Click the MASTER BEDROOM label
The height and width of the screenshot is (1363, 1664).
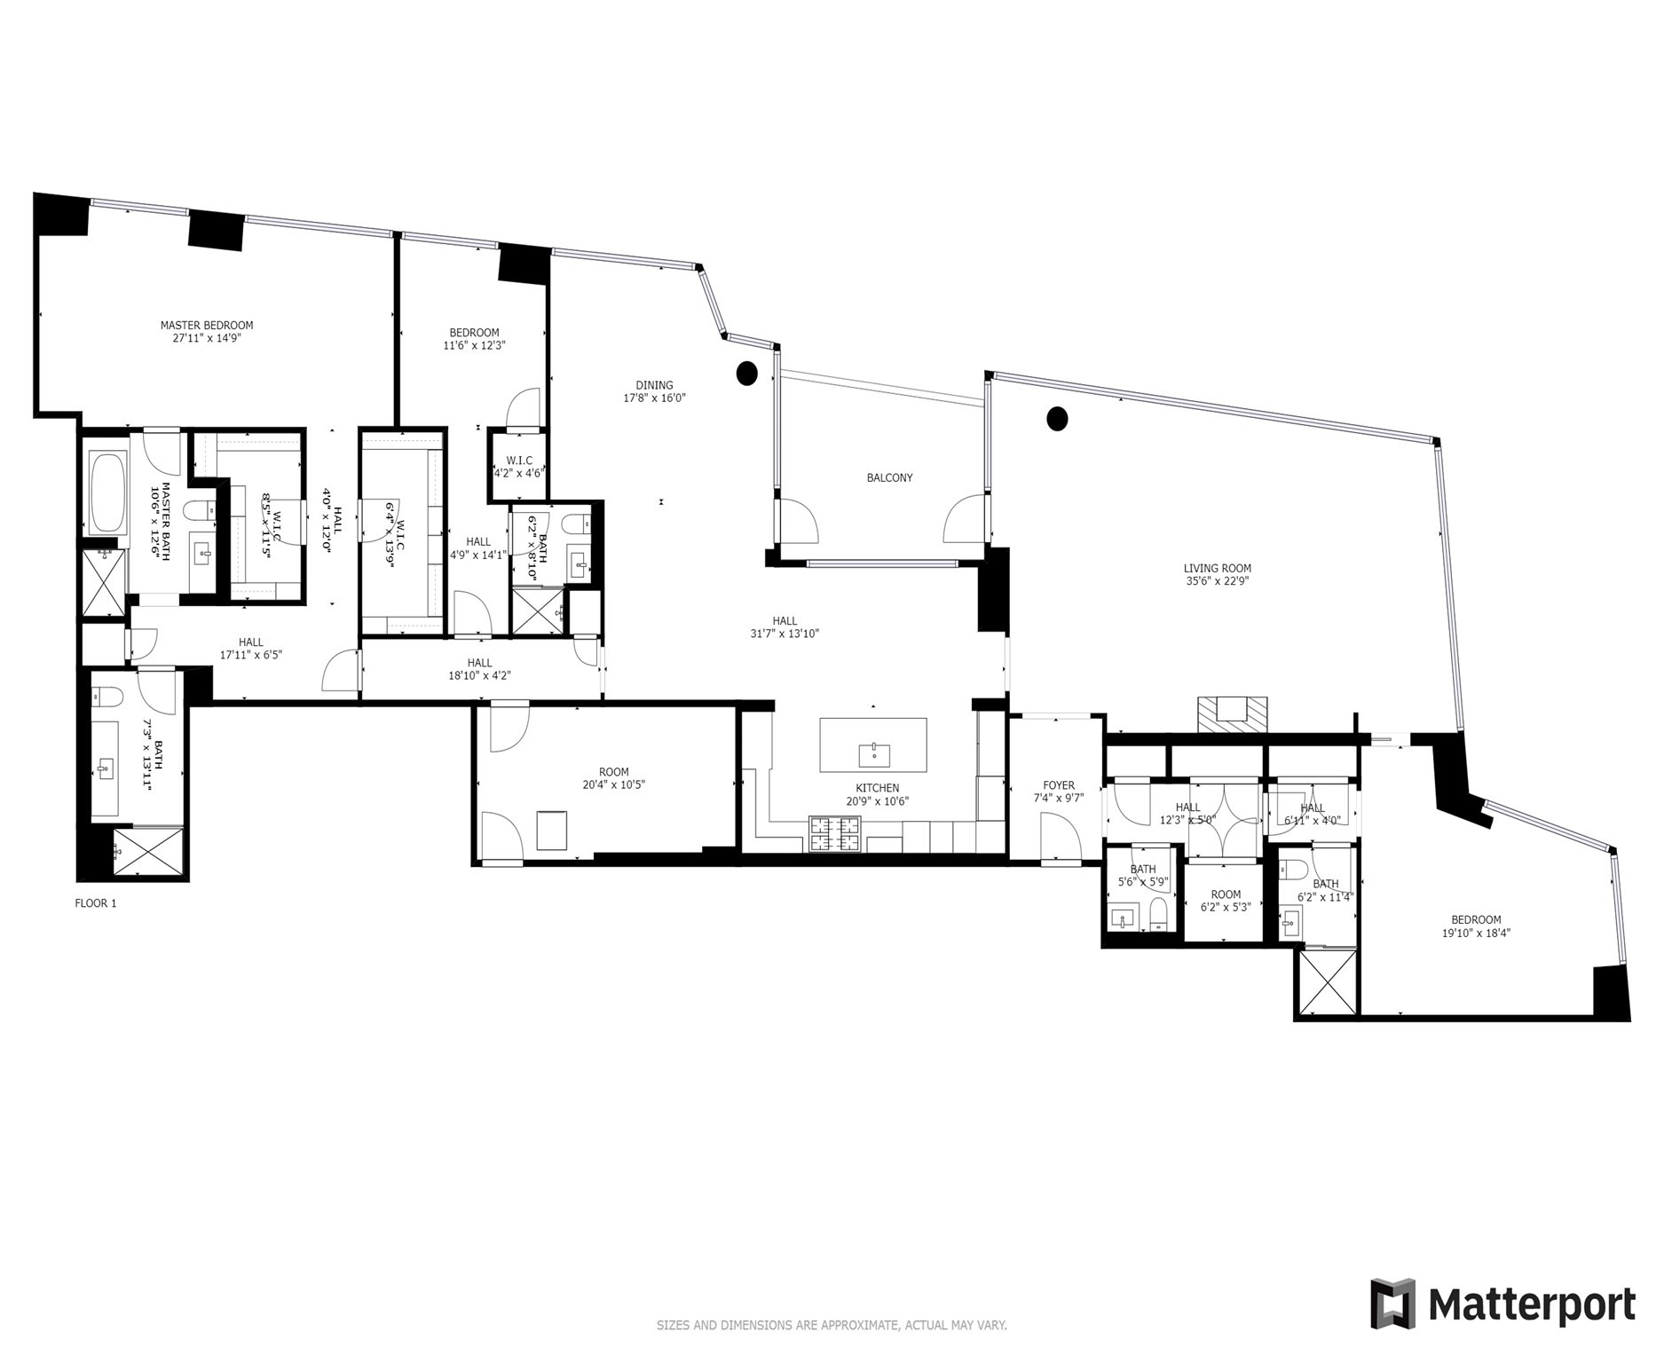(x=207, y=325)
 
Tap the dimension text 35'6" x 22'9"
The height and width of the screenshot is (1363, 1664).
(x=1218, y=581)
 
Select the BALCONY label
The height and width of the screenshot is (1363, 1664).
(x=889, y=477)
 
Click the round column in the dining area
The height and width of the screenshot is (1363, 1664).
(x=747, y=374)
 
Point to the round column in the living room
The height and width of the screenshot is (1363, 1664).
(x=1056, y=418)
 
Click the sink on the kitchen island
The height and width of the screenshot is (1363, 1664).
(x=874, y=755)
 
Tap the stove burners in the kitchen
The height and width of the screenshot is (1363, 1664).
(x=834, y=834)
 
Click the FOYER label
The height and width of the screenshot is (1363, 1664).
(x=1059, y=785)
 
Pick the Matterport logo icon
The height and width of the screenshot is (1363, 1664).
(x=1392, y=1303)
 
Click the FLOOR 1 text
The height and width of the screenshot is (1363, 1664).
(x=95, y=903)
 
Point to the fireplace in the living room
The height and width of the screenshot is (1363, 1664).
(x=1233, y=713)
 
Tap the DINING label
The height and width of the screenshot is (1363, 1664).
(x=654, y=385)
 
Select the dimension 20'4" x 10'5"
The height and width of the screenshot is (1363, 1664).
(x=613, y=784)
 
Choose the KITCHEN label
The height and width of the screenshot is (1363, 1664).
(x=877, y=788)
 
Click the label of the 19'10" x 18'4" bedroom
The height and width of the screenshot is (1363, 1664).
(x=1476, y=919)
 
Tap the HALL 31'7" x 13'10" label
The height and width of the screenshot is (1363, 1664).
(x=785, y=621)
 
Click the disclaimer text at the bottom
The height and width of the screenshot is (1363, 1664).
(x=832, y=1326)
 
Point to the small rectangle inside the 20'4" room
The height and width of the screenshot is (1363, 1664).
(x=552, y=830)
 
